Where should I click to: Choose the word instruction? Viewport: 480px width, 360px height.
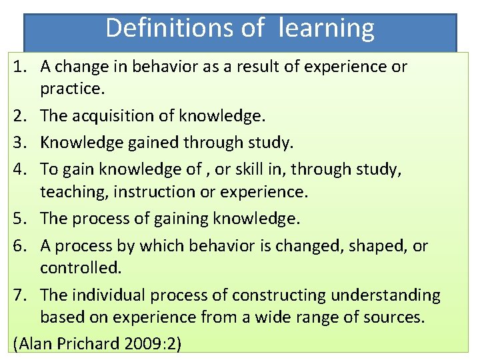(151, 192)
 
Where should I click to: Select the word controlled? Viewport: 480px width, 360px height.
(80, 268)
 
